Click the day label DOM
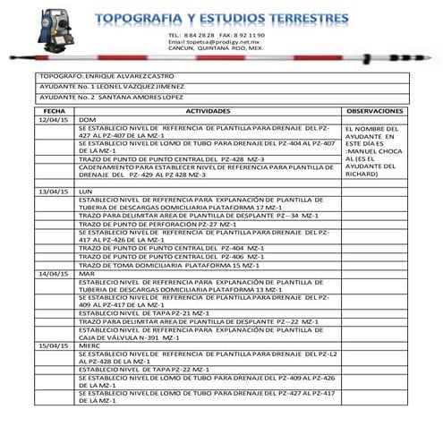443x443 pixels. (88, 119)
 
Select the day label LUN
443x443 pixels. (87, 192)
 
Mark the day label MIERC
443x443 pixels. (90, 345)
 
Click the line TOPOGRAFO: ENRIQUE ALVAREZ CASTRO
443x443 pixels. (107, 78)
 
